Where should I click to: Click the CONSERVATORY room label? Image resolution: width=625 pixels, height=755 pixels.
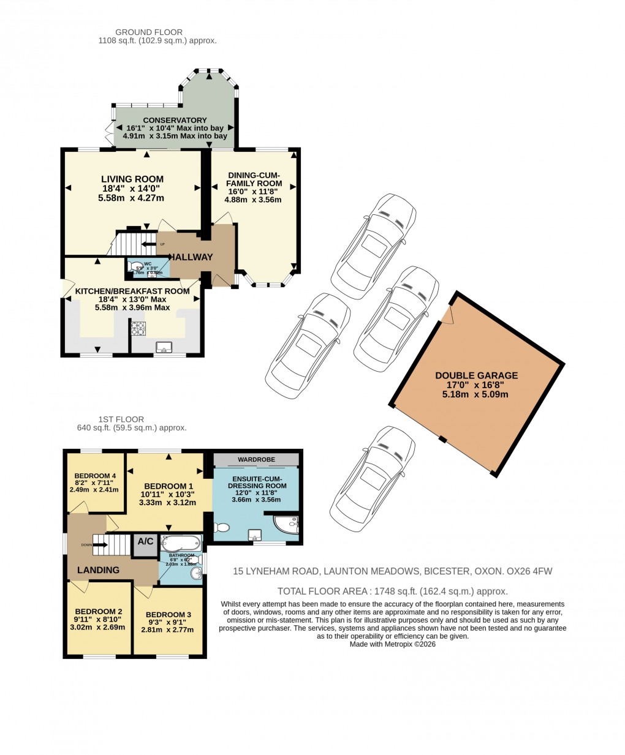[x=175, y=120]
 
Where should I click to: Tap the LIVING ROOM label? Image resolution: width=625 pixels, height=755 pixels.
[x=132, y=179]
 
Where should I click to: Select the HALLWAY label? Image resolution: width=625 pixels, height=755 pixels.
[x=191, y=257]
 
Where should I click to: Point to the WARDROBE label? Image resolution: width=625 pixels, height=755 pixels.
[x=256, y=459]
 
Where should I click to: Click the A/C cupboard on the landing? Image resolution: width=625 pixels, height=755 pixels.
[x=145, y=542]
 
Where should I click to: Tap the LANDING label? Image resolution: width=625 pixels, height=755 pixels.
[x=98, y=570]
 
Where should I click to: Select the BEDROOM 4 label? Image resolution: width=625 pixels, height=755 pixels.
[x=95, y=476]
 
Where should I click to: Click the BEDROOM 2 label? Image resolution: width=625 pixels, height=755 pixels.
[x=98, y=611]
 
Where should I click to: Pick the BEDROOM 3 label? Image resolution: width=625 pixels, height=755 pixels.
[x=169, y=614]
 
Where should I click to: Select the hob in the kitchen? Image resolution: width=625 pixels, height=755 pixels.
[x=137, y=329]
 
